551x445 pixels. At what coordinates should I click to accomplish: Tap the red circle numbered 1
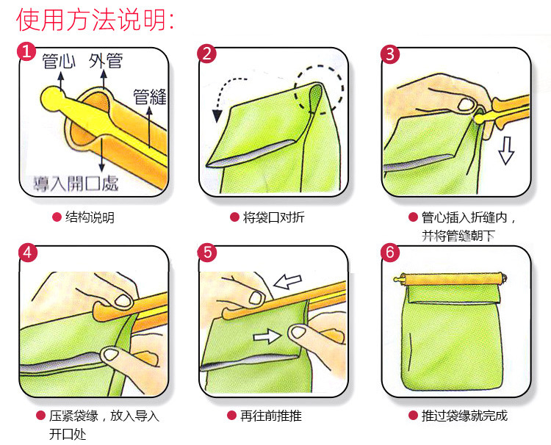26,51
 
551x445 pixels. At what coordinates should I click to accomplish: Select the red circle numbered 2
207,54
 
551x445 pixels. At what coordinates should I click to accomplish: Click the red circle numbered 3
390,54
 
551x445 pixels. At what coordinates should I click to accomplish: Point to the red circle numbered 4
28,253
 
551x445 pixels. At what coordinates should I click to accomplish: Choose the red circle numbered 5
208,253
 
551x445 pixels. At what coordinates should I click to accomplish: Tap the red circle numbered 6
390,253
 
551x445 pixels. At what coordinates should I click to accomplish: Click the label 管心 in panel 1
59,61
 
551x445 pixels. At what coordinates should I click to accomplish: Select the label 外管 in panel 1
105,61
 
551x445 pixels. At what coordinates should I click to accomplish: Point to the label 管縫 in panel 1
150,97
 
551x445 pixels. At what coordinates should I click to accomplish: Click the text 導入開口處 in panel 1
76,183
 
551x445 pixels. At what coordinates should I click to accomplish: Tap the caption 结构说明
90,217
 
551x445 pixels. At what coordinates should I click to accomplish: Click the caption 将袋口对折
274,217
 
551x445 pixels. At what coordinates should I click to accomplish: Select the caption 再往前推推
271,416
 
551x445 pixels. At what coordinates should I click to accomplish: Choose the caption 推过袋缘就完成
464,416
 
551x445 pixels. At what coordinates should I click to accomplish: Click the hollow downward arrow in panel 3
506,151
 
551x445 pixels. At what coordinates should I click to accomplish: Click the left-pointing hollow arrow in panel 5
287,281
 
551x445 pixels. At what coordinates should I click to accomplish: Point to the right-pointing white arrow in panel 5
267,336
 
